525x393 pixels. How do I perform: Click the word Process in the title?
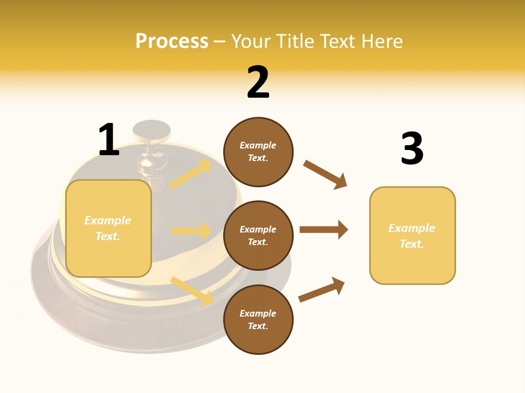click(x=172, y=41)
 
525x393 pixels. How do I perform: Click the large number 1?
click(x=109, y=140)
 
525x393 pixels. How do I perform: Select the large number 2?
click(x=258, y=82)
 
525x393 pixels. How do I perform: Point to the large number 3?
click(x=412, y=148)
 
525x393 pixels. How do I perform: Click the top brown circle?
click(x=258, y=152)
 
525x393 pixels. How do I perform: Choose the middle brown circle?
click(x=258, y=235)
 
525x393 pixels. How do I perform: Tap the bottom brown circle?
click(x=258, y=319)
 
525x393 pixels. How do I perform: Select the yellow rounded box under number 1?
click(x=108, y=228)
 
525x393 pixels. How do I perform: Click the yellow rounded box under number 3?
click(x=412, y=235)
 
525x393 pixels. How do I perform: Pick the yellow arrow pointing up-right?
click(x=190, y=174)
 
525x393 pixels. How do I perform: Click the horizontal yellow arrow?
click(x=191, y=231)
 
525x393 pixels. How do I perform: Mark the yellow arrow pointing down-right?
click(x=192, y=291)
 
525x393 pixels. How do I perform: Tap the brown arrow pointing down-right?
click(x=325, y=174)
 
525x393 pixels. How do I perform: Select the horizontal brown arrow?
click(x=323, y=230)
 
